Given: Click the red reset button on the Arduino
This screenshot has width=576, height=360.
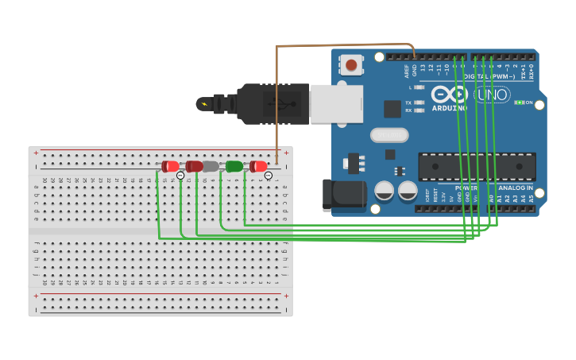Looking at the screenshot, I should (351, 64).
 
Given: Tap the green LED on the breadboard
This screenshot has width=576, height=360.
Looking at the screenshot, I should (234, 166).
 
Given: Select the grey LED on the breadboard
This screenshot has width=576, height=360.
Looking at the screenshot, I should (211, 166).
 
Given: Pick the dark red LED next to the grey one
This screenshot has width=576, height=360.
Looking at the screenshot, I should (194, 166).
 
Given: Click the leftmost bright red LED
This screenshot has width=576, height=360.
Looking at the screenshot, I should (170, 166).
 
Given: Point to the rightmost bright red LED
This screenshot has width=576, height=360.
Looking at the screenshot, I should (258, 166).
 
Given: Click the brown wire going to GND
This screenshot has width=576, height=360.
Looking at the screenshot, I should (342, 45).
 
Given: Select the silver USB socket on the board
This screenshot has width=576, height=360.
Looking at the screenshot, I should (336, 104).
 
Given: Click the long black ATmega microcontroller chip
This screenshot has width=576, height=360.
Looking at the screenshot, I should (477, 166).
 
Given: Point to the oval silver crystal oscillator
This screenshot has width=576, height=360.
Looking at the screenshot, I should (389, 135).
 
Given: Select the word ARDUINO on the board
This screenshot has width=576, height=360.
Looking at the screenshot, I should (450, 107).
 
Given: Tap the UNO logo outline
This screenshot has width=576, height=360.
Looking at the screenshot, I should (492, 95).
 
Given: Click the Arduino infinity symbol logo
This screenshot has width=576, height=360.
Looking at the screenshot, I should (450, 94).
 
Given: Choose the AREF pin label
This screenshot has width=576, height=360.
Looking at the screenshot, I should (407, 71).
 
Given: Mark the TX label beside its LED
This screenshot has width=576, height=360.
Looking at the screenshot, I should (408, 103).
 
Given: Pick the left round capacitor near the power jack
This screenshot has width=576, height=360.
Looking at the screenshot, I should (385, 191).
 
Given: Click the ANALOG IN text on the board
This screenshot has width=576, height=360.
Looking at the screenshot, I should (516, 188).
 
